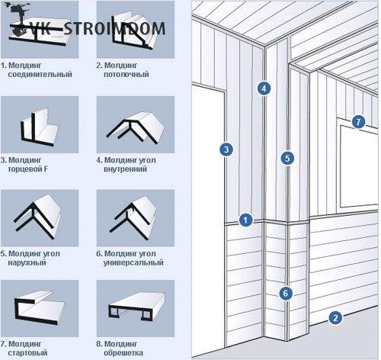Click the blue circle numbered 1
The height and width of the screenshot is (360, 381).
pos(245,220)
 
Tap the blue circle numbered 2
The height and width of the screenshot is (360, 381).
pos(335,318)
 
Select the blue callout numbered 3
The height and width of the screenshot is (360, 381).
pos(226,149)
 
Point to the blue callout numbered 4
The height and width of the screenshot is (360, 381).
pos(264,88)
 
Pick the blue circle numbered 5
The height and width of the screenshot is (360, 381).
pos(287,158)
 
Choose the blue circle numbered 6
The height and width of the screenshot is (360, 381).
pos(286,294)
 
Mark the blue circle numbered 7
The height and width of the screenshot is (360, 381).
pos(358,122)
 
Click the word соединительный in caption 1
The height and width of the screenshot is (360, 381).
pos(40,75)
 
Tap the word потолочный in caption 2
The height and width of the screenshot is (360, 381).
pos(126,75)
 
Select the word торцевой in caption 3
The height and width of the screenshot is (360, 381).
pos(25,169)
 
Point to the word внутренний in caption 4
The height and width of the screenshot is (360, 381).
pos(126,169)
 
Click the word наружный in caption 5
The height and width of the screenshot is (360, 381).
pos(27,262)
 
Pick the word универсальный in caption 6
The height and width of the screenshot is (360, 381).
pos(133,262)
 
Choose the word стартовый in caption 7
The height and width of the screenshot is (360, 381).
pos(27,353)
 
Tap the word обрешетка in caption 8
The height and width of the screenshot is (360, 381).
pos(123,353)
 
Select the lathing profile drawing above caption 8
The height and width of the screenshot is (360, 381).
pos(136,307)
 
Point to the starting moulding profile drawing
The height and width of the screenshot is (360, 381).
pos(40,307)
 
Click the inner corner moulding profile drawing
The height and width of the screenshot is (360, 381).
pos(136,127)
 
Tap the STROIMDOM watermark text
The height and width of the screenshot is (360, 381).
pos(114,28)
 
